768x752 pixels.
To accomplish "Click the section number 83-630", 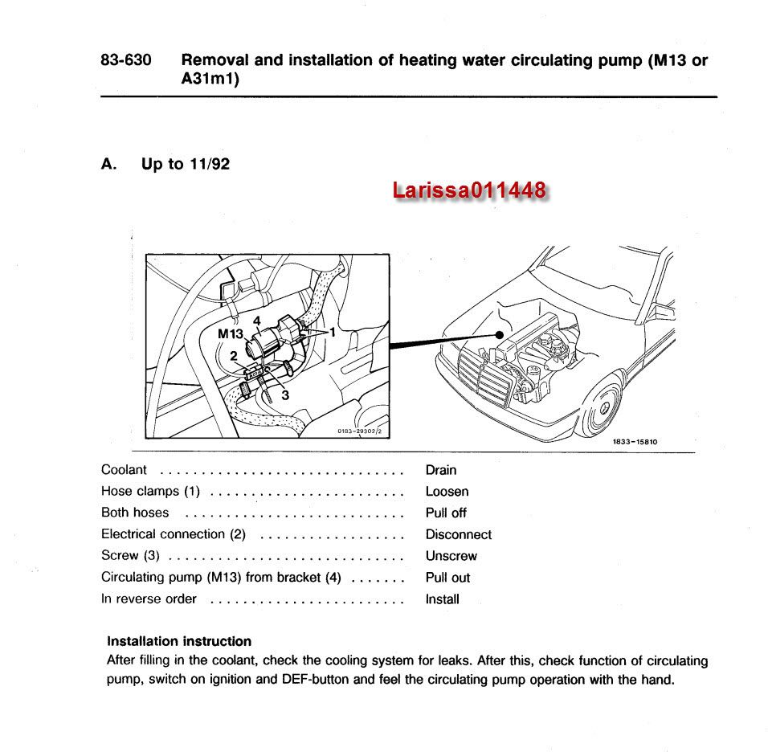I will (x=126, y=60).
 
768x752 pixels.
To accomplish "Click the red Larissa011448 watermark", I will (x=470, y=190).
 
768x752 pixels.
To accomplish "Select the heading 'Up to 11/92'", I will (x=186, y=164).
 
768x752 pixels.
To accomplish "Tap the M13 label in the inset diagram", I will (x=231, y=333).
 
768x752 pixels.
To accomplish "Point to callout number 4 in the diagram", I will (x=256, y=320).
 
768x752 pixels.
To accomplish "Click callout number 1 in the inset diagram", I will (x=331, y=331).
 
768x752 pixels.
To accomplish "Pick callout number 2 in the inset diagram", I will (x=233, y=355).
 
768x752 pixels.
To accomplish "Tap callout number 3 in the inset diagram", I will (x=284, y=394).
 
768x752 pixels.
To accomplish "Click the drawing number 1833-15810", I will (x=635, y=441).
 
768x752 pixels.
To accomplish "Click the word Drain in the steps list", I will (x=441, y=470).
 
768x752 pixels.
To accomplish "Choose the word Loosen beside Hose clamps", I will (x=447, y=492).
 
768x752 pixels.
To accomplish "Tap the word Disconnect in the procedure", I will (x=458, y=534).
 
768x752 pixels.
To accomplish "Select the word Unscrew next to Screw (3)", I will (x=451, y=556).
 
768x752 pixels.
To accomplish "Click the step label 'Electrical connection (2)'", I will (x=174, y=534).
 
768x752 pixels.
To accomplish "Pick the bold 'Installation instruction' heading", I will (x=179, y=641).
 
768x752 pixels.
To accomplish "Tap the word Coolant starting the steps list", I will (x=124, y=470).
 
